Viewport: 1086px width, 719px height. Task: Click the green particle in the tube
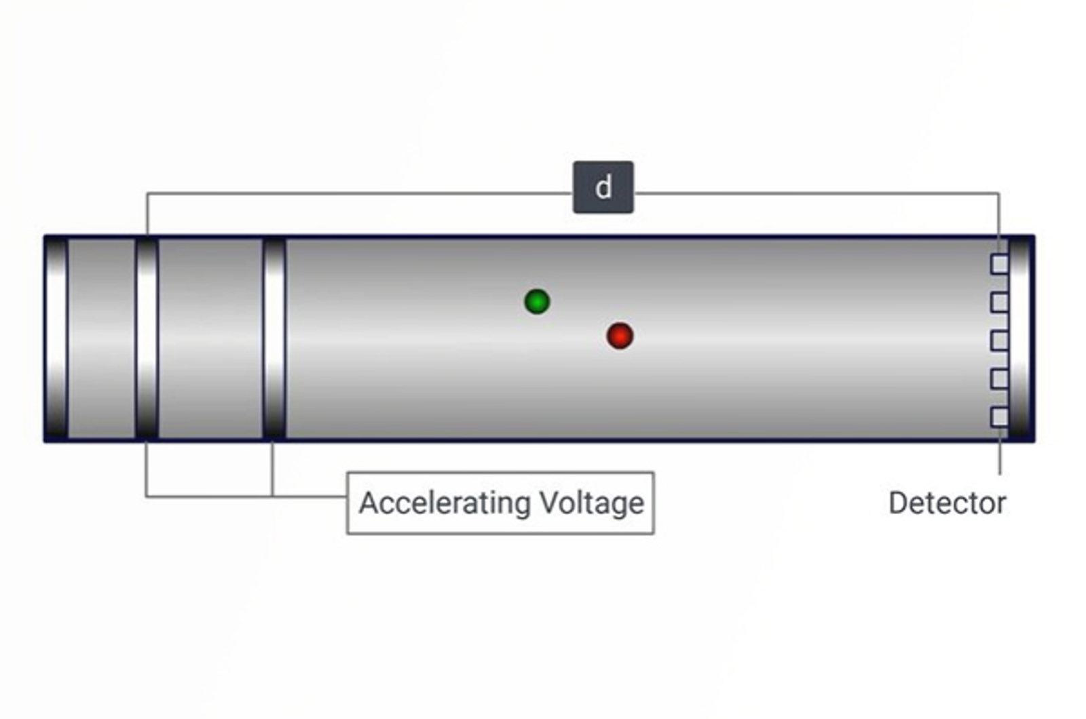[x=537, y=301]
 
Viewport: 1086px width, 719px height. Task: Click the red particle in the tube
[x=620, y=336]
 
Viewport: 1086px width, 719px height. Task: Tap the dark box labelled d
[x=603, y=187]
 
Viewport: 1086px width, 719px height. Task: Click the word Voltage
[x=591, y=503]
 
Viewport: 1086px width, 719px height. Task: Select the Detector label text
[x=947, y=503]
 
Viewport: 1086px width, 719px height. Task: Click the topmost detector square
[x=999, y=264]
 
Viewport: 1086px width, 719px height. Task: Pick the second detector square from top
[x=999, y=302]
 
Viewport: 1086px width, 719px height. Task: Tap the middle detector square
[x=999, y=340]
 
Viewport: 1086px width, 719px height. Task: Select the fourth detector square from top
[x=999, y=378]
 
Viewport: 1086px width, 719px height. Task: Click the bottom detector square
[x=999, y=416]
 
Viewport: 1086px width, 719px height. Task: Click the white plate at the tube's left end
[x=56, y=339]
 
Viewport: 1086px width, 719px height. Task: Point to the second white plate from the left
[x=147, y=339]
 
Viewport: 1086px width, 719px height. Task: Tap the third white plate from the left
[x=274, y=339]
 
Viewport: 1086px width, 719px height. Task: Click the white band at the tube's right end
[x=1019, y=339]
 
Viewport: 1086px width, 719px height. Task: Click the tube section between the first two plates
[x=102, y=339]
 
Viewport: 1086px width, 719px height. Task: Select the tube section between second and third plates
[x=210, y=339]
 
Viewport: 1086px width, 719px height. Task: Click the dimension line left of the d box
[x=360, y=194]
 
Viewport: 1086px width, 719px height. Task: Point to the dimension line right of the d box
[x=814, y=194]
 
